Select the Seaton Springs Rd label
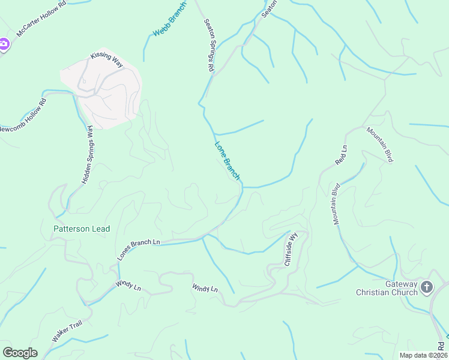tap(209, 46)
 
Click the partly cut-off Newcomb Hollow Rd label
tap(23, 120)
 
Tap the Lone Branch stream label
tap(228, 161)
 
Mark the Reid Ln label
tap(341, 155)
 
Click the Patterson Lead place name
tap(82, 229)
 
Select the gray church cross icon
tap(427, 287)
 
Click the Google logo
tap(20, 352)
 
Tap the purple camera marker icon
tap(4, 44)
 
